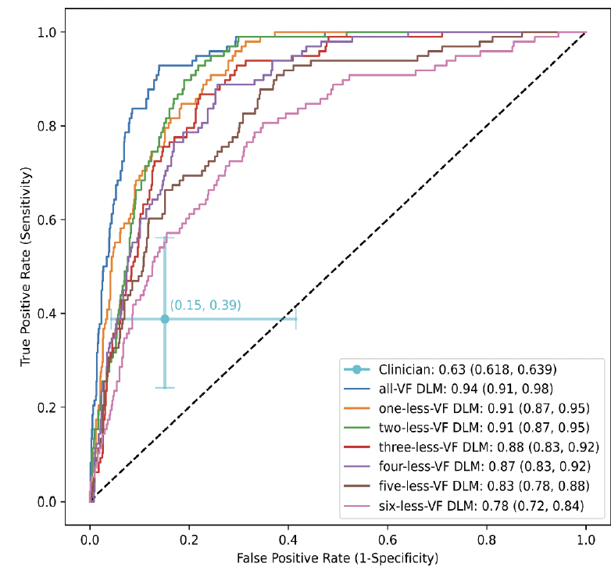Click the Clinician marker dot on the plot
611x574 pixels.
click(x=165, y=319)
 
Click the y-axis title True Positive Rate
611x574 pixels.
click(x=27, y=266)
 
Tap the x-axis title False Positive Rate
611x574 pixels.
click(x=338, y=558)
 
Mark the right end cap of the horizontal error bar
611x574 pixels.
click(x=296, y=319)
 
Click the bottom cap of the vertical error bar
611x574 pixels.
click(x=165, y=388)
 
